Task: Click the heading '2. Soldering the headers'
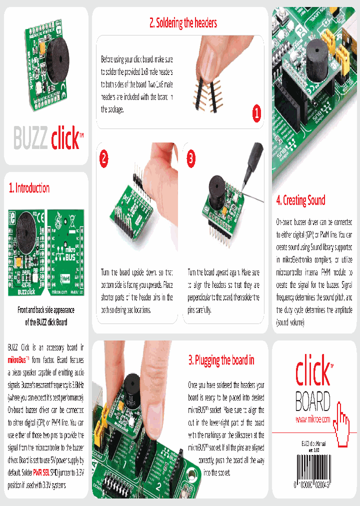pyautogui.click(x=183, y=22)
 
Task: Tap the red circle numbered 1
pyautogui.click(x=256, y=113)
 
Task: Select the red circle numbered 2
pyautogui.click(x=104, y=158)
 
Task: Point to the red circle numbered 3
pyautogui.click(x=191, y=158)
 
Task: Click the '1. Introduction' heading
pyautogui.click(x=29, y=188)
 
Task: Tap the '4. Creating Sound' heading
pyautogui.click(x=300, y=200)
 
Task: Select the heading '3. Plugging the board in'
pyautogui.click(x=221, y=360)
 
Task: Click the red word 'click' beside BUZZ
pyautogui.click(x=65, y=138)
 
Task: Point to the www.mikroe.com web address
pyautogui.click(x=313, y=419)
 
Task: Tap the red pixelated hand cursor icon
pyautogui.click(x=342, y=424)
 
